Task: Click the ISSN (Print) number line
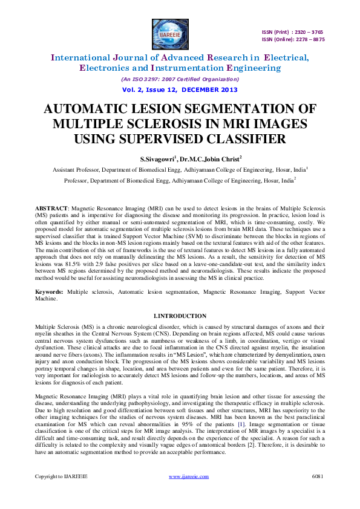coord(293,31)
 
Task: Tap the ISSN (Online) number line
coord(293,39)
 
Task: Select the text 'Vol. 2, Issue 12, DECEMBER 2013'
coord(180,89)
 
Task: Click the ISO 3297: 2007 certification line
coord(180,79)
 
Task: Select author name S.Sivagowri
coord(156,159)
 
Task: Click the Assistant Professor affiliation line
coord(180,170)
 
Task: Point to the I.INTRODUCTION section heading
coord(180,316)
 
